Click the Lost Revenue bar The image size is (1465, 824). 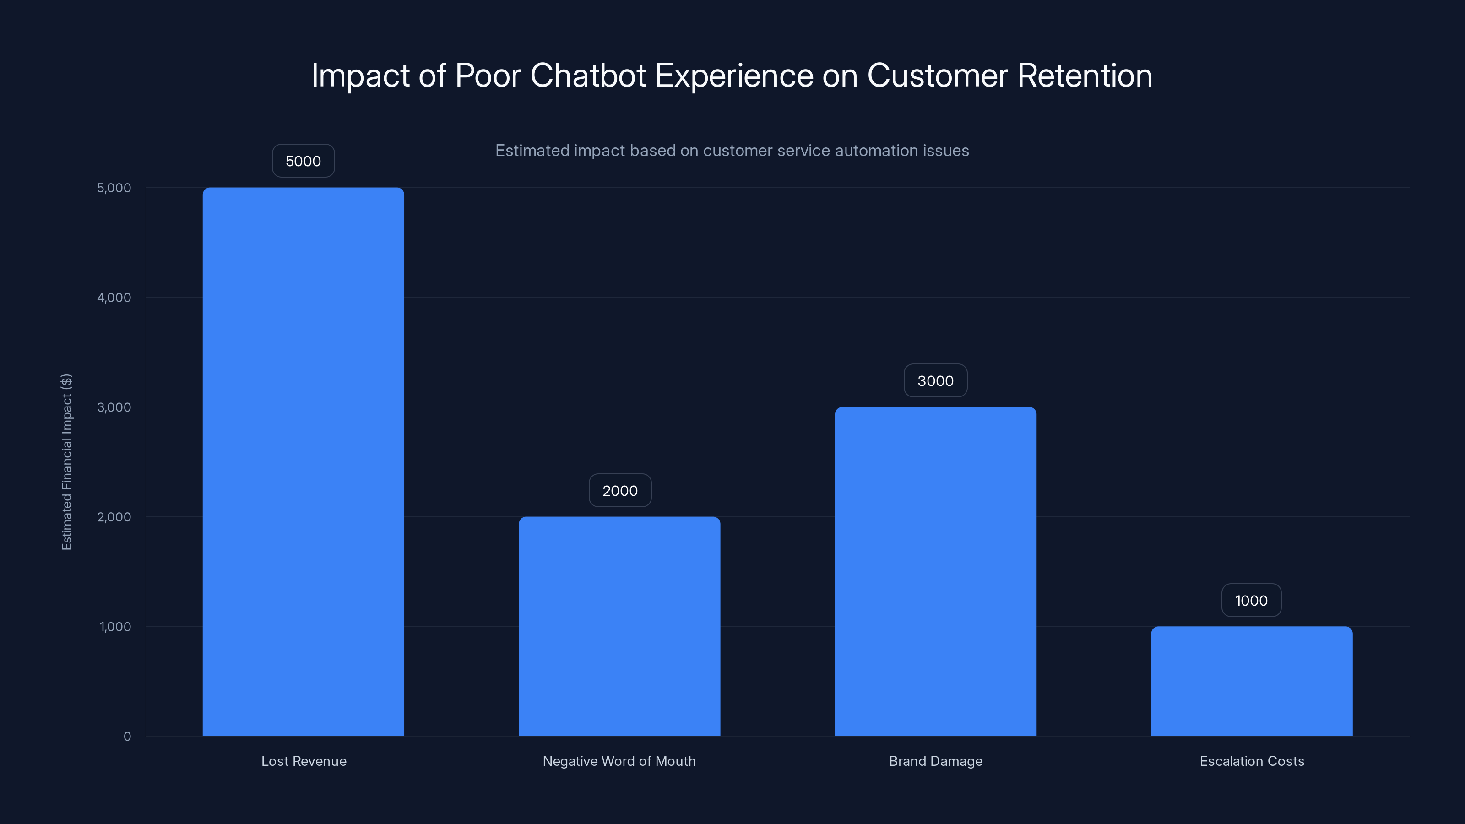303,461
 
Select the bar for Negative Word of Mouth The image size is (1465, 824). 619,625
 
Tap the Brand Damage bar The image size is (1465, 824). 935,571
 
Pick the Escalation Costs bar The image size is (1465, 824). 1251,681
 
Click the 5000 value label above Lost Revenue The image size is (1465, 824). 303,161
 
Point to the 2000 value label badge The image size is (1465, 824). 620,490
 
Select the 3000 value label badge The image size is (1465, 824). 935,380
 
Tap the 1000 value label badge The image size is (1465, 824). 1251,600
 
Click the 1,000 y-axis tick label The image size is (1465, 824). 115,627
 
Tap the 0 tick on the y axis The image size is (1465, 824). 127,737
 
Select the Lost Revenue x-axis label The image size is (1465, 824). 304,761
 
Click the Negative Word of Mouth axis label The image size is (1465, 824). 619,761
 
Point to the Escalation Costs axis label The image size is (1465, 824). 1252,761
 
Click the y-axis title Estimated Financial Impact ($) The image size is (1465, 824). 66,462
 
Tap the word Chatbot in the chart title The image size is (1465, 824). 588,75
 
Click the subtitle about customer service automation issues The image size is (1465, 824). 732,151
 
